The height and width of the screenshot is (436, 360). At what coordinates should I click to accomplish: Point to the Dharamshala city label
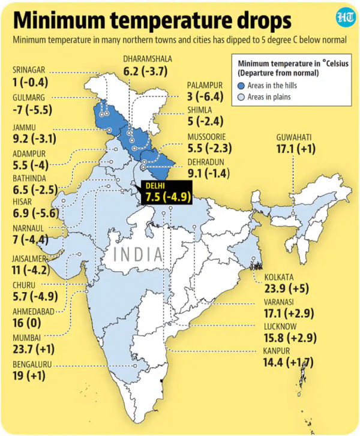[147, 59]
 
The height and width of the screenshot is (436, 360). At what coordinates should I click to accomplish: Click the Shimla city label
[199, 110]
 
